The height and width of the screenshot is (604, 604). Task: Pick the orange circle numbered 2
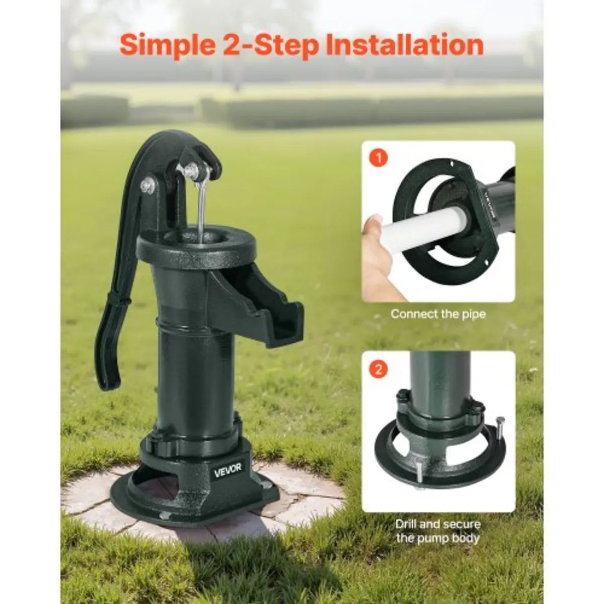pyautogui.click(x=379, y=369)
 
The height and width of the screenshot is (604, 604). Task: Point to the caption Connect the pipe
pyautogui.click(x=438, y=314)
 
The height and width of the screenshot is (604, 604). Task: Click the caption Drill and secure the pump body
pyautogui.click(x=437, y=531)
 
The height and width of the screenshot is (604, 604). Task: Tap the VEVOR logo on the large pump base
pyautogui.click(x=228, y=469)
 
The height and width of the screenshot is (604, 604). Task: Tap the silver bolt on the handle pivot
pyautogui.click(x=147, y=184)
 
